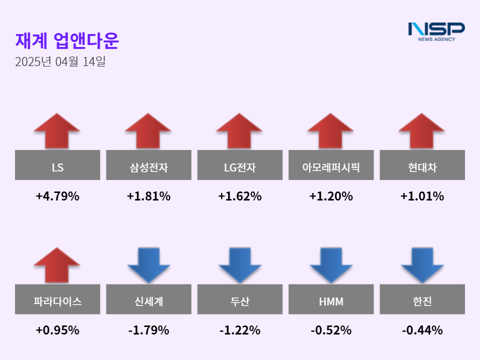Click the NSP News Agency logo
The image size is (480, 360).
[436, 31]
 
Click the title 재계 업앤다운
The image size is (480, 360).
[67, 41]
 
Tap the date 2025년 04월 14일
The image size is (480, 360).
[60, 62]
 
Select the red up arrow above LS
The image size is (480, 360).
[57, 130]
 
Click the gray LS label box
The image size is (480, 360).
[57, 165]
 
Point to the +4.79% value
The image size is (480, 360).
[57, 196]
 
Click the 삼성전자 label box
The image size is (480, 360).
[148, 165]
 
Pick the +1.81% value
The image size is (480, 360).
[148, 196]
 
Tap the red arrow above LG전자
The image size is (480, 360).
[239, 130]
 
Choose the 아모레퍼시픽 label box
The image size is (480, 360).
[331, 165]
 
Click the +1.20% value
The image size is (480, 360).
[331, 196]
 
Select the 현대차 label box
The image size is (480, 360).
[422, 165]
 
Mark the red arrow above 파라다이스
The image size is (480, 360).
[57, 264]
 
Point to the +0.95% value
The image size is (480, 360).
[57, 330]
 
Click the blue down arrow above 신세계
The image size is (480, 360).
[148, 265]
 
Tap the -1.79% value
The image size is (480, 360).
[148, 330]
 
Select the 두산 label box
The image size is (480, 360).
[239, 299]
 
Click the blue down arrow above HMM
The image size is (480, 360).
[331, 265]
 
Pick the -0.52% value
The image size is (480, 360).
[331, 330]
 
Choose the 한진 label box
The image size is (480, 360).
[422, 299]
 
